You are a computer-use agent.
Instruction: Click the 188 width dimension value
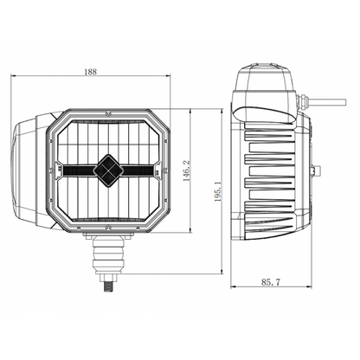pos(90,72)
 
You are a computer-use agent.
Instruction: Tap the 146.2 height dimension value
pos(187,170)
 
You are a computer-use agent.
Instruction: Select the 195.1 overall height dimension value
pos(218,191)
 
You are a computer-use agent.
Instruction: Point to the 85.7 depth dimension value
pos(271,282)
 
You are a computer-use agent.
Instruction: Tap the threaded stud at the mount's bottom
pos(108,287)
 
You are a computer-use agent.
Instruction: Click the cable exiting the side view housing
pos(327,102)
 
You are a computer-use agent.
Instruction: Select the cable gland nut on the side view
pos(302,101)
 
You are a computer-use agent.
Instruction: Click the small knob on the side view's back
pos(316,170)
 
